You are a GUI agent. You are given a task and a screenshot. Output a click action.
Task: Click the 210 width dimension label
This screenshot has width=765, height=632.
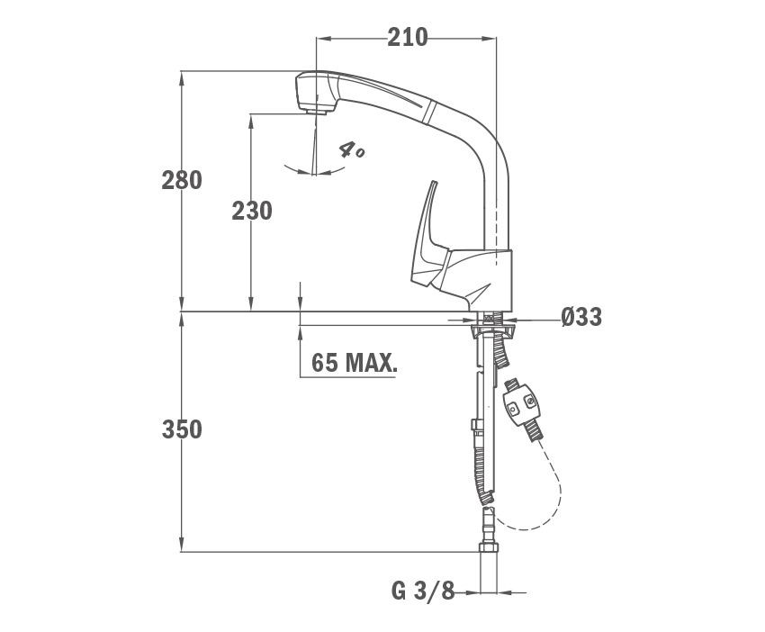pos(408,38)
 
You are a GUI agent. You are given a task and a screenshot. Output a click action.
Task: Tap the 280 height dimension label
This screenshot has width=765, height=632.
pos(182,181)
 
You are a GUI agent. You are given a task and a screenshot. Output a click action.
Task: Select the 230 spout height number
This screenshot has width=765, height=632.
pos(252,212)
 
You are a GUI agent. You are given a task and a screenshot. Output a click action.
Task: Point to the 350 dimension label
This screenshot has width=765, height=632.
pos(182,430)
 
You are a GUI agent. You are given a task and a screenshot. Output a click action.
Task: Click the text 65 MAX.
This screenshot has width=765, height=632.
pos(355,363)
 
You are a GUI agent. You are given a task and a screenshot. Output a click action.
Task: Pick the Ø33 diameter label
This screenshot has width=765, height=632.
pos(581,317)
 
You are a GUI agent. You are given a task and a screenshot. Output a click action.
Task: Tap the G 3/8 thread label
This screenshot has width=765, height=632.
pos(422,592)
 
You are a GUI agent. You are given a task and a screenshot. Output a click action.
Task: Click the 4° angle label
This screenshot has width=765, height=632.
pos(351,149)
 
